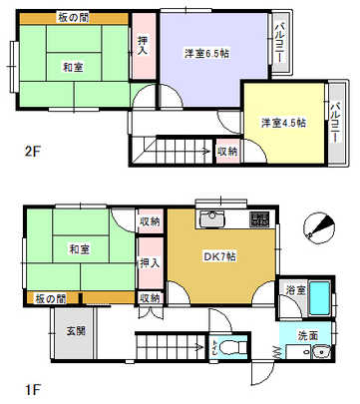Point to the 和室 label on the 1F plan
82,247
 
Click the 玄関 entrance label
76,329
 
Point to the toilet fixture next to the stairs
233,348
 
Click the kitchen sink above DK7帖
212,219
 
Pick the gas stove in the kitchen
258,220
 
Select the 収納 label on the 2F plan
227,151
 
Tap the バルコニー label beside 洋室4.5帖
338,123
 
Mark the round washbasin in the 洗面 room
321,357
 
